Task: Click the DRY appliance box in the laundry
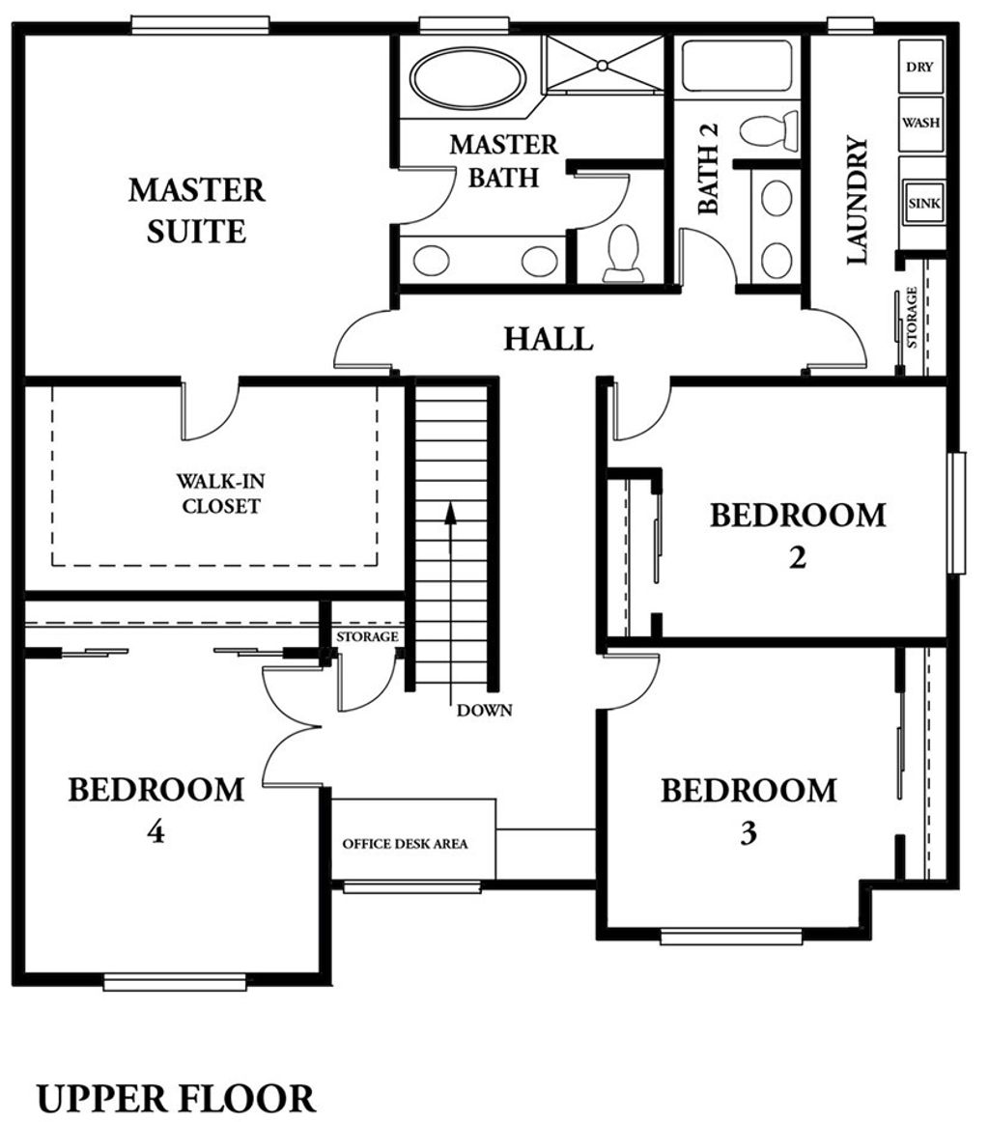click(920, 67)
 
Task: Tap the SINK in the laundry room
click(923, 203)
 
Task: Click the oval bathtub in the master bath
click(468, 80)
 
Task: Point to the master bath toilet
click(623, 253)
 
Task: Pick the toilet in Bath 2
click(769, 131)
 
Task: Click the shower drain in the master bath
click(603, 65)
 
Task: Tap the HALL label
click(549, 339)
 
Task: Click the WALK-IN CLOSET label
click(220, 493)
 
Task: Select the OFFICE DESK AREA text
click(405, 844)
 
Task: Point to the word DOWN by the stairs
click(485, 711)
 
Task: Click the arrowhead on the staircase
click(450, 514)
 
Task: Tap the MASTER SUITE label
click(197, 210)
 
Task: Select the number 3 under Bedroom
click(749, 832)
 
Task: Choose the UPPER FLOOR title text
click(176, 1099)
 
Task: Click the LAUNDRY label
click(857, 201)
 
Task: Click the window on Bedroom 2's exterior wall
click(957, 513)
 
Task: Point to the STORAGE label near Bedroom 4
click(368, 636)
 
